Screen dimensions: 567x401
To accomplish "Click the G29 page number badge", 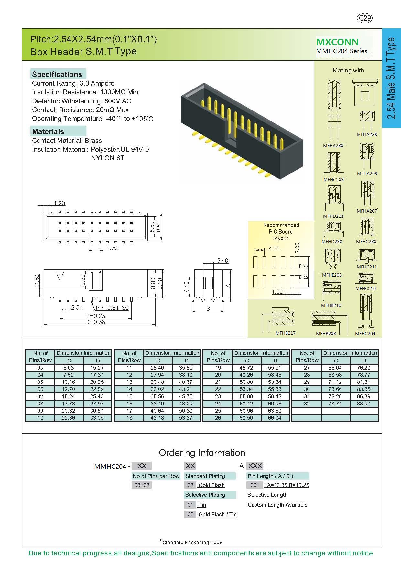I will pyautogui.click(x=365, y=18).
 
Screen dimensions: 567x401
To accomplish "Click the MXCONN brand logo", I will pyautogui.click(x=337, y=42).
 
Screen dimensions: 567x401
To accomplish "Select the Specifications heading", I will pyautogui.click(x=57, y=74).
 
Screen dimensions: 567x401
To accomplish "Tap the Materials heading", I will pyautogui.click(x=48, y=131).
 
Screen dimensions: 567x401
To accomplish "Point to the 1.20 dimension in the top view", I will pyautogui.click(x=60, y=203).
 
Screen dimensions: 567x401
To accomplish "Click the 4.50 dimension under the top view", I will pyautogui.click(x=112, y=248).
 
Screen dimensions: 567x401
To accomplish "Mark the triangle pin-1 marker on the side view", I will pyautogui.click(x=60, y=276).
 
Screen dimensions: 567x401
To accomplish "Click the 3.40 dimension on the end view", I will pyautogui.click(x=222, y=261).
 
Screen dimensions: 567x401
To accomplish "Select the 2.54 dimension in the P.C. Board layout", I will pyautogui.click(x=274, y=247).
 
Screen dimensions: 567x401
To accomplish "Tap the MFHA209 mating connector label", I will pyautogui.click(x=367, y=173).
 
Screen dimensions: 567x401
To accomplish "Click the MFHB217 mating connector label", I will pyautogui.click(x=286, y=333).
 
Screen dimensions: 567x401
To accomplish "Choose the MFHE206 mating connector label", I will pyautogui.click(x=332, y=275).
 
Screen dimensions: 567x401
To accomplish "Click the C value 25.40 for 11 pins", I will pyautogui.click(x=158, y=368).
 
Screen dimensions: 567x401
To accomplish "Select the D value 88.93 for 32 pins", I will pyautogui.click(x=364, y=404).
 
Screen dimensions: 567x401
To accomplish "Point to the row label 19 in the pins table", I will pyautogui.click(x=218, y=368).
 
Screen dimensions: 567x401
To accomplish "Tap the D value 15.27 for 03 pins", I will pyautogui.click(x=97, y=368).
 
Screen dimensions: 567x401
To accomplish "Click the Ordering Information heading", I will pyautogui.click(x=202, y=453).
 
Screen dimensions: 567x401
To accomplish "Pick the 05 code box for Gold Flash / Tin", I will pyautogui.click(x=190, y=514).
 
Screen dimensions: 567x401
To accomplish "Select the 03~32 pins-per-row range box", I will pyautogui.click(x=142, y=485).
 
